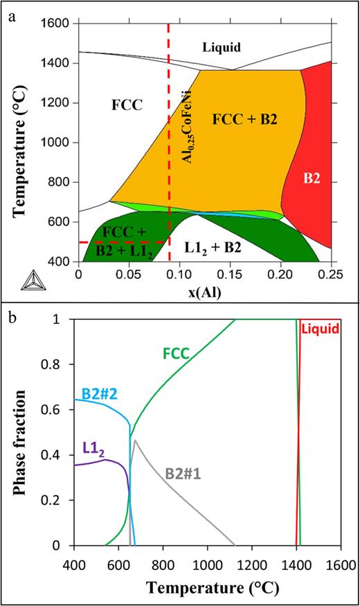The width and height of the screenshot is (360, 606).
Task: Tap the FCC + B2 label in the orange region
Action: coord(246,119)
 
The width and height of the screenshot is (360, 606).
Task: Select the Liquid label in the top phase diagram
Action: coord(222,47)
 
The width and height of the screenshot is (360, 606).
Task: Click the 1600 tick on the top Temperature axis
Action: coord(59,24)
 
